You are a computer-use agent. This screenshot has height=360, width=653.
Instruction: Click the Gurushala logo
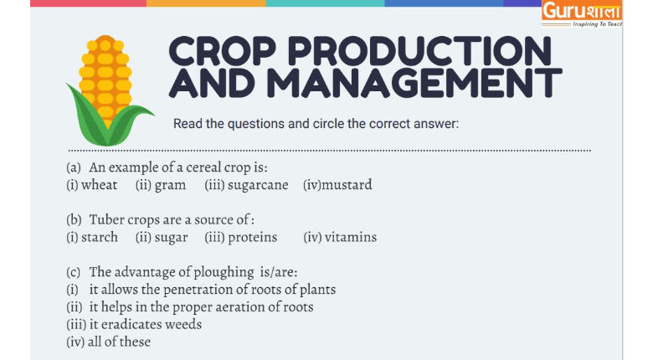[x=582, y=13]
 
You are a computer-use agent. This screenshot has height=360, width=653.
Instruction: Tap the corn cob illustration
[x=108, y=90]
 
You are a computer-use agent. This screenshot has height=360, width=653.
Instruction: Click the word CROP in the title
[x=223, y=52]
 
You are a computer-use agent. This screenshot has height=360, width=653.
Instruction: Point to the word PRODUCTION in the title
[x=419, y=52]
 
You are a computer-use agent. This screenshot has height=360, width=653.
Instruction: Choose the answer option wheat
[x=99, y=184]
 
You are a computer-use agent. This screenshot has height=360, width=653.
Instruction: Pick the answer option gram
[x=170, y=185]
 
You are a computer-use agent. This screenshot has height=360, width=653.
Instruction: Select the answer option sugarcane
[x=258, y=185]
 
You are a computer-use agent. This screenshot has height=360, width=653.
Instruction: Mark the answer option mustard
[x=347, y=184]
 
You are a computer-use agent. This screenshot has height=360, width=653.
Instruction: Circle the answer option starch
[x=100, y=237]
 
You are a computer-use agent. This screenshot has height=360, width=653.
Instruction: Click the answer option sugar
[x=171, y=238]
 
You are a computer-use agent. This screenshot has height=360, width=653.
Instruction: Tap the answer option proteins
[x=252, y=238]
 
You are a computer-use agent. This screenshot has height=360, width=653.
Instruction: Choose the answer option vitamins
[x=351, y=237]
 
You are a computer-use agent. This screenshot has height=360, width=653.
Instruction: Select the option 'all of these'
[x=119, y=342]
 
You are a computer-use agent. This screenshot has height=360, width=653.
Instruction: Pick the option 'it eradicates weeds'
[x=146, y=324]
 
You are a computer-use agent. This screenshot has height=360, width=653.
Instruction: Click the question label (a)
[x=74, y=167]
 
